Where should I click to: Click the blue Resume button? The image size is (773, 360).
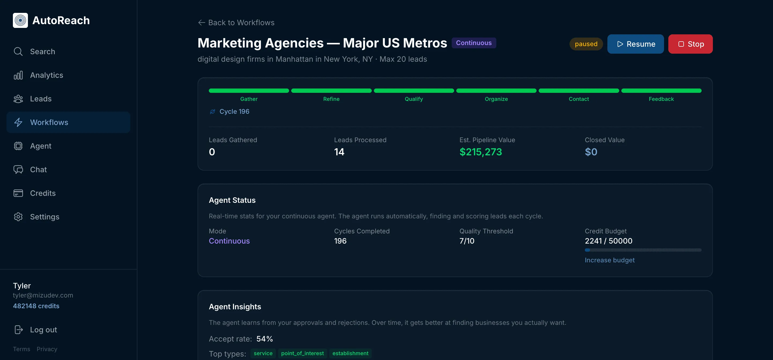click(635, 44)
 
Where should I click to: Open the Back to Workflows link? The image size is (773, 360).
click(236, 23)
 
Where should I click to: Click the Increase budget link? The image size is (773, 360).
click(610, 260)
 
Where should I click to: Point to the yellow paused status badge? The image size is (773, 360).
click(586, 44)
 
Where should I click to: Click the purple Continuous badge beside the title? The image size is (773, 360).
click(473, 43)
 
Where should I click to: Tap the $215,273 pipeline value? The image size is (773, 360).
click(480, 152)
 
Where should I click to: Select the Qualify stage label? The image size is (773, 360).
click(414, 99)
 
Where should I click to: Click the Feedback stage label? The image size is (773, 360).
click(661, 99)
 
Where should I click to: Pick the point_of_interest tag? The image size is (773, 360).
click(302, 353)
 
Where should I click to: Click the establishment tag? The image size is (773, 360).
click(350, 353)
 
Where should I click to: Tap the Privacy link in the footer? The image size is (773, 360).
click(47, 349)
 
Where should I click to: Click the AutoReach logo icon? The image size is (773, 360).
click(20, 20)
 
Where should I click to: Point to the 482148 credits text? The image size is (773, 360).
click(36, 306)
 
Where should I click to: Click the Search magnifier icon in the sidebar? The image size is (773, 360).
click(18, 52)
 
